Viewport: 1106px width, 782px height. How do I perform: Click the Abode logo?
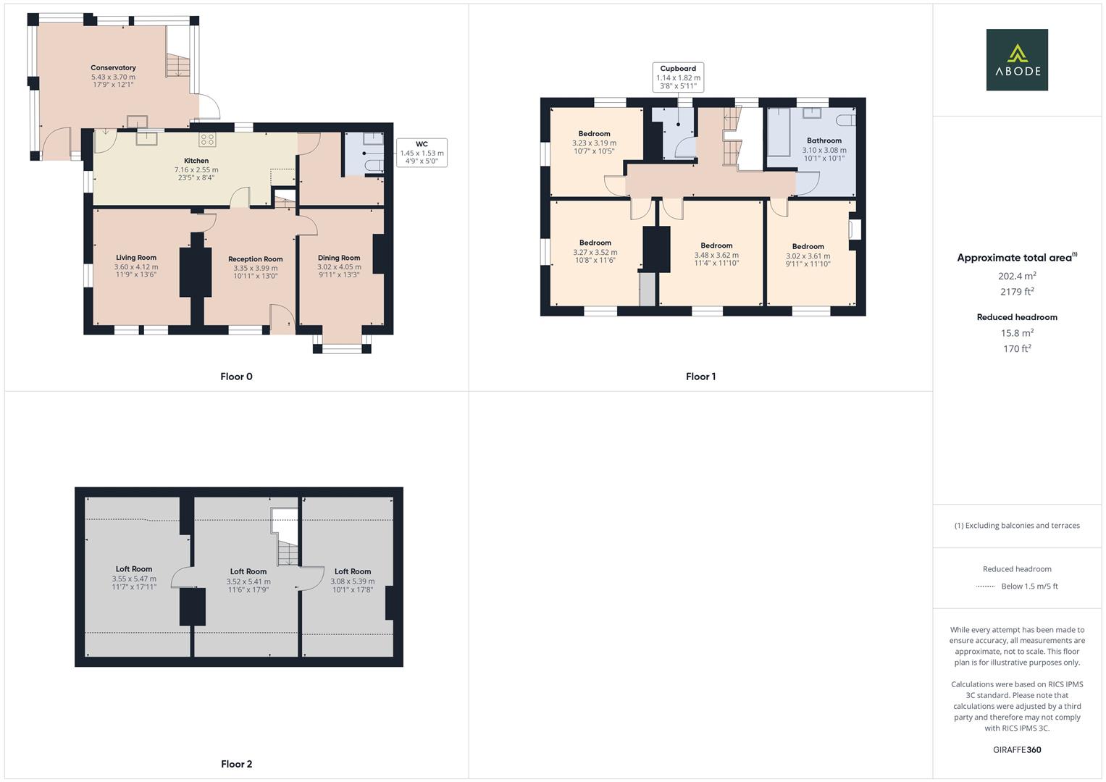(x=1016, y=60)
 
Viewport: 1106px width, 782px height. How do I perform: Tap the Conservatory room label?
(x=113, y=67)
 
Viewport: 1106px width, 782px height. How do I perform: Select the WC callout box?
(x=422, y=153)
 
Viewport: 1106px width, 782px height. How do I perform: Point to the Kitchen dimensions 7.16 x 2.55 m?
(x=196, y=169)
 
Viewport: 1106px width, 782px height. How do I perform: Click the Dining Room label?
(x=338, y=258)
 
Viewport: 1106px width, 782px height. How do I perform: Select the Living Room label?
(x=135, y=258)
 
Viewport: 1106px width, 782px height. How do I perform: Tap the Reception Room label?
(x=255, y=259)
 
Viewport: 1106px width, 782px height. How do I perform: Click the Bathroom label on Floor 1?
(x=824, y=140)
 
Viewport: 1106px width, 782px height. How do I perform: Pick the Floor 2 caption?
(x=236, y=764)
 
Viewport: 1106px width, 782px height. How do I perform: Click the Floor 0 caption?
(x=236, y=377)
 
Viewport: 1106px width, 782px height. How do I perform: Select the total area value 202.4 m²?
(x=1017, y=276)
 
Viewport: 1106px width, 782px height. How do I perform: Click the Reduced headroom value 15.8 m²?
(x=1017, y=333)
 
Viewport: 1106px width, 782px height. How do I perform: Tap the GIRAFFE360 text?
(x=1016, y=749)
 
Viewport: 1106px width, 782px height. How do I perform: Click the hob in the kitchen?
(x=207, y=140)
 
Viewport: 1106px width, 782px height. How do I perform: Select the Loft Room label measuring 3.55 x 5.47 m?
(x=133, y=569)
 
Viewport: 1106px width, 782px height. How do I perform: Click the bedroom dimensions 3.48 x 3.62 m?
(x=716, y=255)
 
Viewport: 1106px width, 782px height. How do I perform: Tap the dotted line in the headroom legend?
(x=986, y=586)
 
